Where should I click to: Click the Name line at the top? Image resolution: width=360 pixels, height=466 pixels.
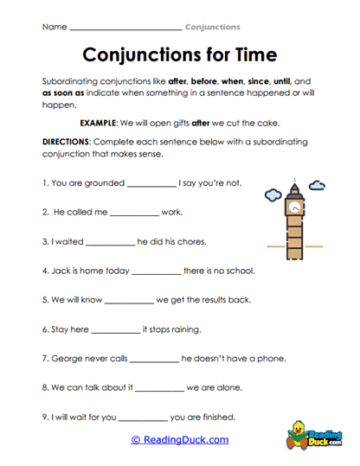tap(125, 28)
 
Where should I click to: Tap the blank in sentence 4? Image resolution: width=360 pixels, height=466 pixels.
tap(156, 271)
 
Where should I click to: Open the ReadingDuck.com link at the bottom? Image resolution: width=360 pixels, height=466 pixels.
tap(180, 439)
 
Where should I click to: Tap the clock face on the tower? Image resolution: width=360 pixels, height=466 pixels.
tap(295, 207)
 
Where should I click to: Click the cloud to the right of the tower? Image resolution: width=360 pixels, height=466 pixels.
tap(317, 185)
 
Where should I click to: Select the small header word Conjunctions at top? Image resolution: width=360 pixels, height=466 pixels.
tap(213, 27)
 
